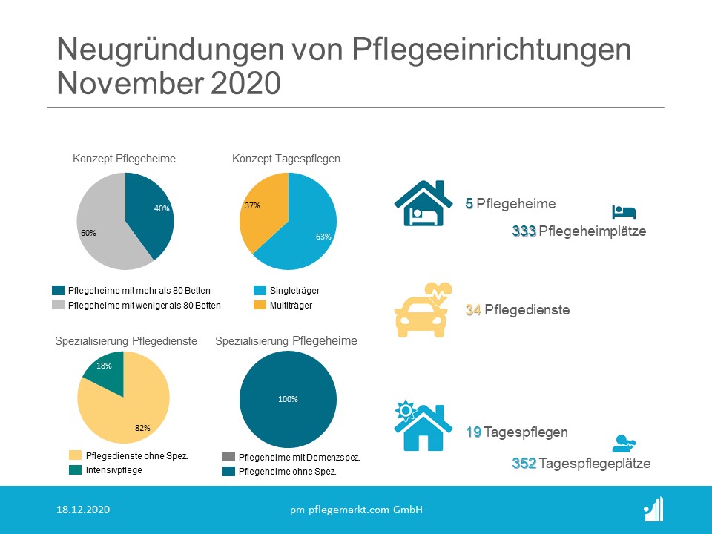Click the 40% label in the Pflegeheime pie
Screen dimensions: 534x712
pos(162,208)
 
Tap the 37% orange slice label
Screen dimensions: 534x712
pos(253,205)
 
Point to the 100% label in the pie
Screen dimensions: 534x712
pos(288,399)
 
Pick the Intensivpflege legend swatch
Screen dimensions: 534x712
pos(75,469)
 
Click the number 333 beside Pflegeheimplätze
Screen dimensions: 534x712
pos(524,231)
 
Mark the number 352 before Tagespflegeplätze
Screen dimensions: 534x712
pos(524,464)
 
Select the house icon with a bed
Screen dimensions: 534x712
pos(423,203)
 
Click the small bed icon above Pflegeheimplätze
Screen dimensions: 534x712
pos(624,212)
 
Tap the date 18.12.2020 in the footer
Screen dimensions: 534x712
pos(84,510)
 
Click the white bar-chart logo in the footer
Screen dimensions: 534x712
pos(653,510)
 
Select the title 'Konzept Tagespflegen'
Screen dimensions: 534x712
pos(286,159)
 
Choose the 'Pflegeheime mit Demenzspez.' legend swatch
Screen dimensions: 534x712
pos(229,458)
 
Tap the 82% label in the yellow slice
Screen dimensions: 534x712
pos(142,428)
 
